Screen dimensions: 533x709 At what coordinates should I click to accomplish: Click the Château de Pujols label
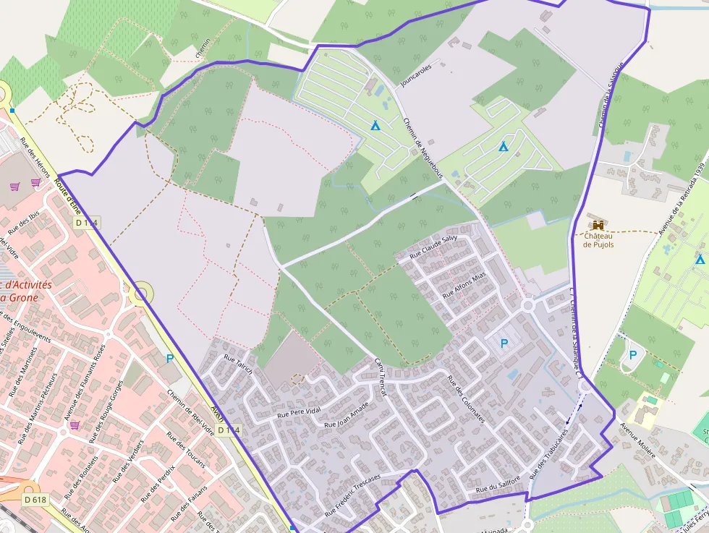click(x=598, y=240)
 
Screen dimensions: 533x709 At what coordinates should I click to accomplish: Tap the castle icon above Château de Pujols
click(x=598, y=226)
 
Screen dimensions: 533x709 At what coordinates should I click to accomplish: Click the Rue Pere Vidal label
click(x=300, y=412)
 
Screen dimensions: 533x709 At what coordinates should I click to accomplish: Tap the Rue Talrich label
click(x=238, y=364)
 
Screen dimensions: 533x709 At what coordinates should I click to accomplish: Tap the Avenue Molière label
click(x=637, y=440)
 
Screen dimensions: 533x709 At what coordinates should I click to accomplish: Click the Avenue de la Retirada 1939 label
click(x=682, y=198)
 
